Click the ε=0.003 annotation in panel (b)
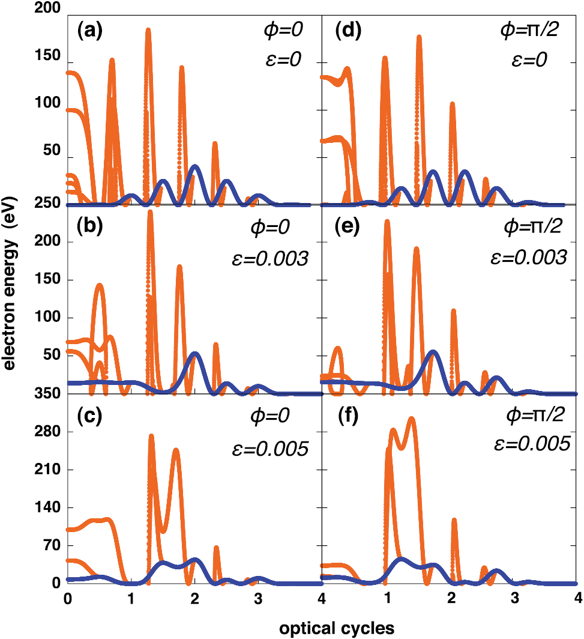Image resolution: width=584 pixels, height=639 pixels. (x=269, y=258)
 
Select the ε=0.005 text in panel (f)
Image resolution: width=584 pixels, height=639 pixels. (x=529, y=444)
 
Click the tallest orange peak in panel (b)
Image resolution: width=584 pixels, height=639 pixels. (x=150, y=212)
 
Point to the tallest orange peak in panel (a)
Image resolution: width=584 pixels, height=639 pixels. (x=148, y=29)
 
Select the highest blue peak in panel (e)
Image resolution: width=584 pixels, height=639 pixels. (x=432, y=351)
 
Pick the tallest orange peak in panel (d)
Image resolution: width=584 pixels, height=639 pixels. (x=419, y=37)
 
